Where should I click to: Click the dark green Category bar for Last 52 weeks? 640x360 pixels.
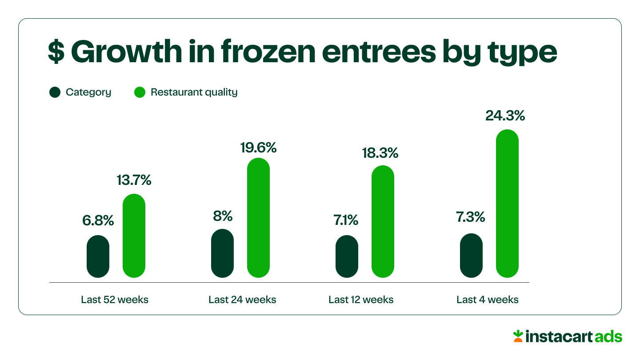pyautogui.click(x=98, y=256)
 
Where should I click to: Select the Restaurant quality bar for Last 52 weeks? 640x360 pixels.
pyautogui.click(x=134, y=236)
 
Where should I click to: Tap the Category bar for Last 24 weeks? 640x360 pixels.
pyautogui.click(x=223, y=253)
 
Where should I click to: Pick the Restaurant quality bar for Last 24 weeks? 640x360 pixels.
pyautogui.click(x=258, y=218)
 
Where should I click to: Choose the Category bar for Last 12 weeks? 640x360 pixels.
pyautogui.click(x=347, y=256)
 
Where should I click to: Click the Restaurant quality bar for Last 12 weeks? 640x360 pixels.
pyautogui.click(x=383, y=222)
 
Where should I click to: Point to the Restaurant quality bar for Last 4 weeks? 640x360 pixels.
pyautogui.click(x=507, y=204)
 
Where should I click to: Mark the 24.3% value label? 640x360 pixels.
pyautogui.click(x=505, y=116)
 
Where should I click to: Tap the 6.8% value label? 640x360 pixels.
pyautogui.click(x=98, y=220)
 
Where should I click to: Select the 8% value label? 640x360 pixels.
pyautogui.click(x=223, y=216)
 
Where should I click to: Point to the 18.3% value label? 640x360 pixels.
pyautogui.click(x=380, y=153)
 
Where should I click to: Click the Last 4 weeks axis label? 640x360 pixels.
pyautogui.click(x=487, y=300)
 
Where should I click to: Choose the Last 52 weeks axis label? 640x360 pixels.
pyautogui.click(x=115, y=300)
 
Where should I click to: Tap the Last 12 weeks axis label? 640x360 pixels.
pyautogui.click(x=361, y=300)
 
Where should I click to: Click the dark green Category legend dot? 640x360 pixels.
pyautogui.click(x=55, y=92)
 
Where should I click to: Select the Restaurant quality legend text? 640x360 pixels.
pyautogui.click(x=194, y=92)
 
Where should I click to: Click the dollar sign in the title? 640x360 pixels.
pyautogui.click(x=56, y=52)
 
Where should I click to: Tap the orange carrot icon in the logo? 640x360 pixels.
pyautogui.click(x=518, y=336)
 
